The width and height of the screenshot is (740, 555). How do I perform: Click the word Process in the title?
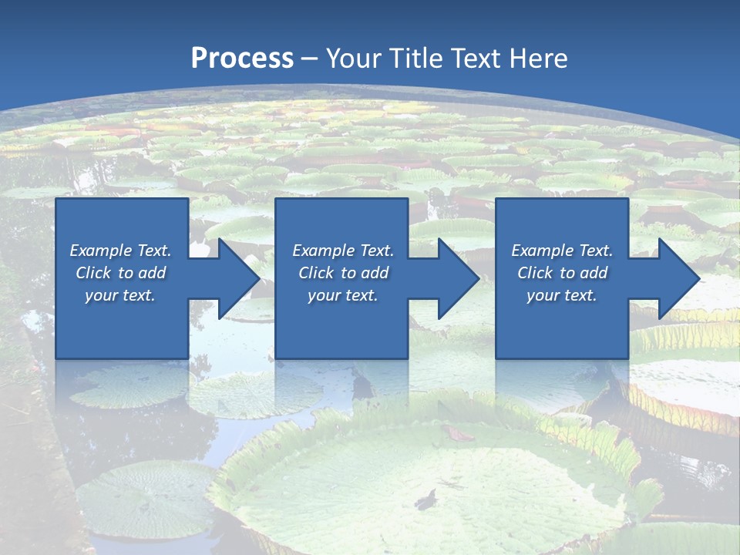(242, 59)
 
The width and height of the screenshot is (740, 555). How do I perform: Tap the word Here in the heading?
(540, 59)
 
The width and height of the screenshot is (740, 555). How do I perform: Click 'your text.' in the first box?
(120, 295)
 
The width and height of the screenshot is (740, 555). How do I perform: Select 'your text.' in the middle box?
(343, 295)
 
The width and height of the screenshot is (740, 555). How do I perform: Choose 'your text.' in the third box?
(562, 295)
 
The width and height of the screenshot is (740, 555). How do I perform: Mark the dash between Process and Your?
(310, 59)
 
